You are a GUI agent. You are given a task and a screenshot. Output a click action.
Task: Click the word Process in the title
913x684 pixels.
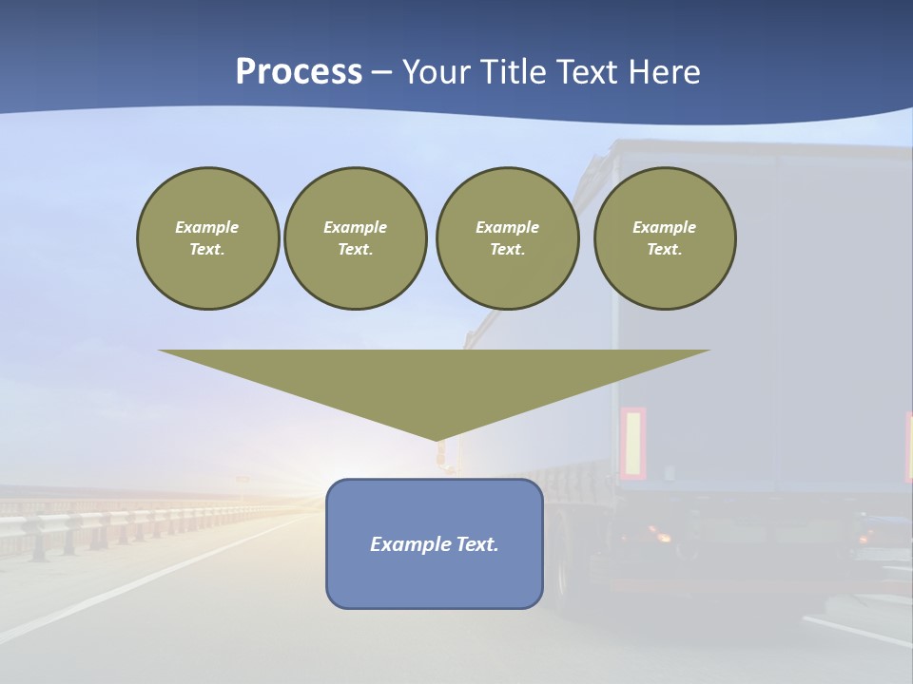click(x=299, y=72)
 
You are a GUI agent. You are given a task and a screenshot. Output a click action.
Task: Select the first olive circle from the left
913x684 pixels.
click(x=207, y=238)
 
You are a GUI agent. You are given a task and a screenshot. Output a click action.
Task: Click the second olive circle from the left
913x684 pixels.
click(x=355, y=238)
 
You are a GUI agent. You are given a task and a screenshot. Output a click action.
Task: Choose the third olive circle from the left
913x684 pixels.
click(x=507, y=238)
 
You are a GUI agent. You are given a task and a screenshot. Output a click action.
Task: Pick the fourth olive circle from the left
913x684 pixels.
click(x=664, y=238)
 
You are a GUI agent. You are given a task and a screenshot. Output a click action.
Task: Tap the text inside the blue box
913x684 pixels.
click(x=435, y=544)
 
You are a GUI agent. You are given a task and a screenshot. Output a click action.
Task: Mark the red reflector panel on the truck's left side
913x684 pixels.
click(x=632, y=443)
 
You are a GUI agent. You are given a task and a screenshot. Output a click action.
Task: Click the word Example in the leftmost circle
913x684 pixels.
click(x=207, y=227)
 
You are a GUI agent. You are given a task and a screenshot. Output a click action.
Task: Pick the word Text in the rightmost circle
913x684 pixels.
click(x=664, y=250)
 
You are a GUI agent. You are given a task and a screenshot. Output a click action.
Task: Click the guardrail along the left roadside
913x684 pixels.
click(x=95, y=522)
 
